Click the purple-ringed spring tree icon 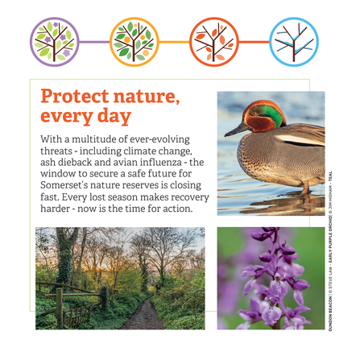pyautogui.click(x=54, y=41)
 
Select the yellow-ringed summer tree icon pyautogui.click(x=134, y=41)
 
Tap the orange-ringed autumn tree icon pyautogui.click(x=214, y=41)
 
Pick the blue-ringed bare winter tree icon pyautogui.click(x=294, y=41)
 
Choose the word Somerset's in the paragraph pyautogui.click(x=68, y=185)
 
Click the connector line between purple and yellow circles pyautogui.click(x=94, y=41)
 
